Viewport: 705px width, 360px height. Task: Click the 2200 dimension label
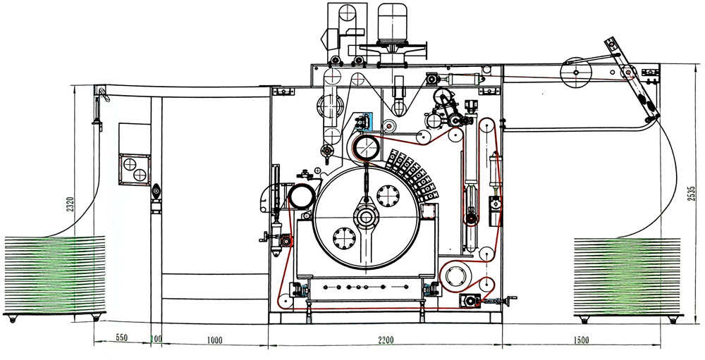tap(385, 341)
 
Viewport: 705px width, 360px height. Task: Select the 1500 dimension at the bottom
tap(581, 341)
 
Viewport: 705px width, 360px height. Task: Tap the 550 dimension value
tap(121, 339)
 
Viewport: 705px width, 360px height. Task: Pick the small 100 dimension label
tap(157, 340)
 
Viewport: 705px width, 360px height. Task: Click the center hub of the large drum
tap(365, 216)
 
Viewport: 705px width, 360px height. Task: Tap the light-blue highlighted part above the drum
tap(364, 121)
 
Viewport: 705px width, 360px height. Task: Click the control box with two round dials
tap(135, 167)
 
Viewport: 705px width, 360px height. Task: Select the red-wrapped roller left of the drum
tap(302, 196)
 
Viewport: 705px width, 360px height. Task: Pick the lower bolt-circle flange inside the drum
tap(343, 238)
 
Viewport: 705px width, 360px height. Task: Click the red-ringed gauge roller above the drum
tap(367, 149)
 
